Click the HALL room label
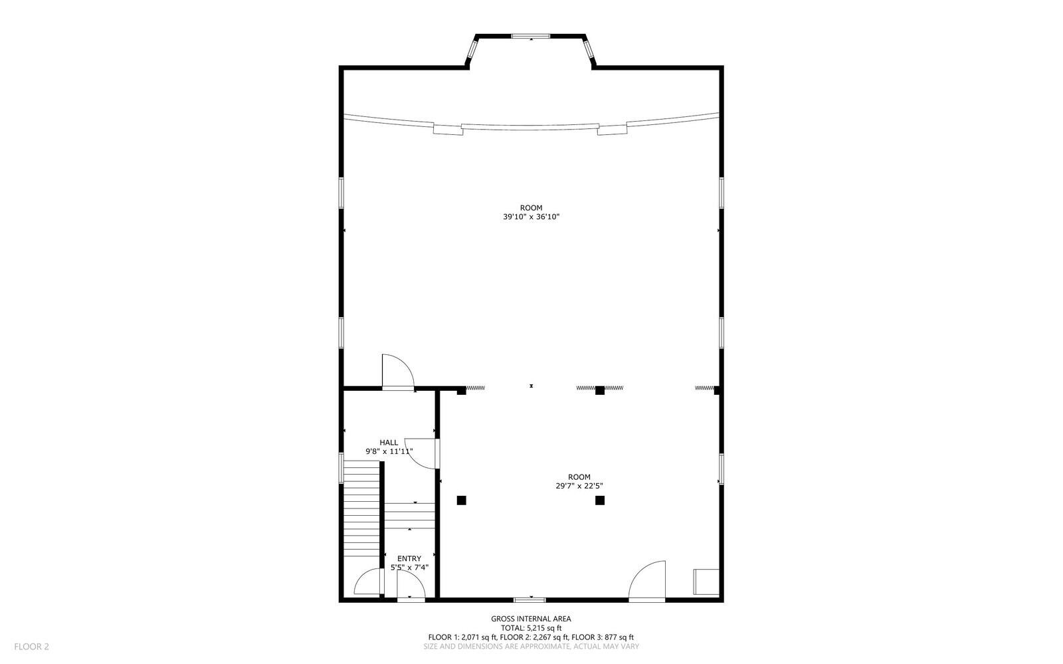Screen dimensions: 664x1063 click(389, 443)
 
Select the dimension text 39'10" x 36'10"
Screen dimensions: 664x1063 click(531, 217)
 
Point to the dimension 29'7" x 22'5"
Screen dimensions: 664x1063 click(579, 486)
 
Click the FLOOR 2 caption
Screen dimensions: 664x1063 click(31, 646)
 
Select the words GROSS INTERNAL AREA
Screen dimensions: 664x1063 click(531, 619)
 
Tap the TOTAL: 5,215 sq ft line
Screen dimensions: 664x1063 click(531, 628)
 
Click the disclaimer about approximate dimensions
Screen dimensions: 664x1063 click(531, 646)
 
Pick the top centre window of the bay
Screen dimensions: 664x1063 click(531, 35)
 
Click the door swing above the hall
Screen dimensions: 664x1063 click(397, 372)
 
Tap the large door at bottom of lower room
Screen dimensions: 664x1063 click(647, 580)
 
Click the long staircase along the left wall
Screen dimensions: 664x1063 click(361, 512)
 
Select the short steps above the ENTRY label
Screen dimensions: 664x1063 click(411, 516)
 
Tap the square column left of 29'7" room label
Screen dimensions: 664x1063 click(462, 500)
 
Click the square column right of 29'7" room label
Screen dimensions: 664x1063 click(600, 500)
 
